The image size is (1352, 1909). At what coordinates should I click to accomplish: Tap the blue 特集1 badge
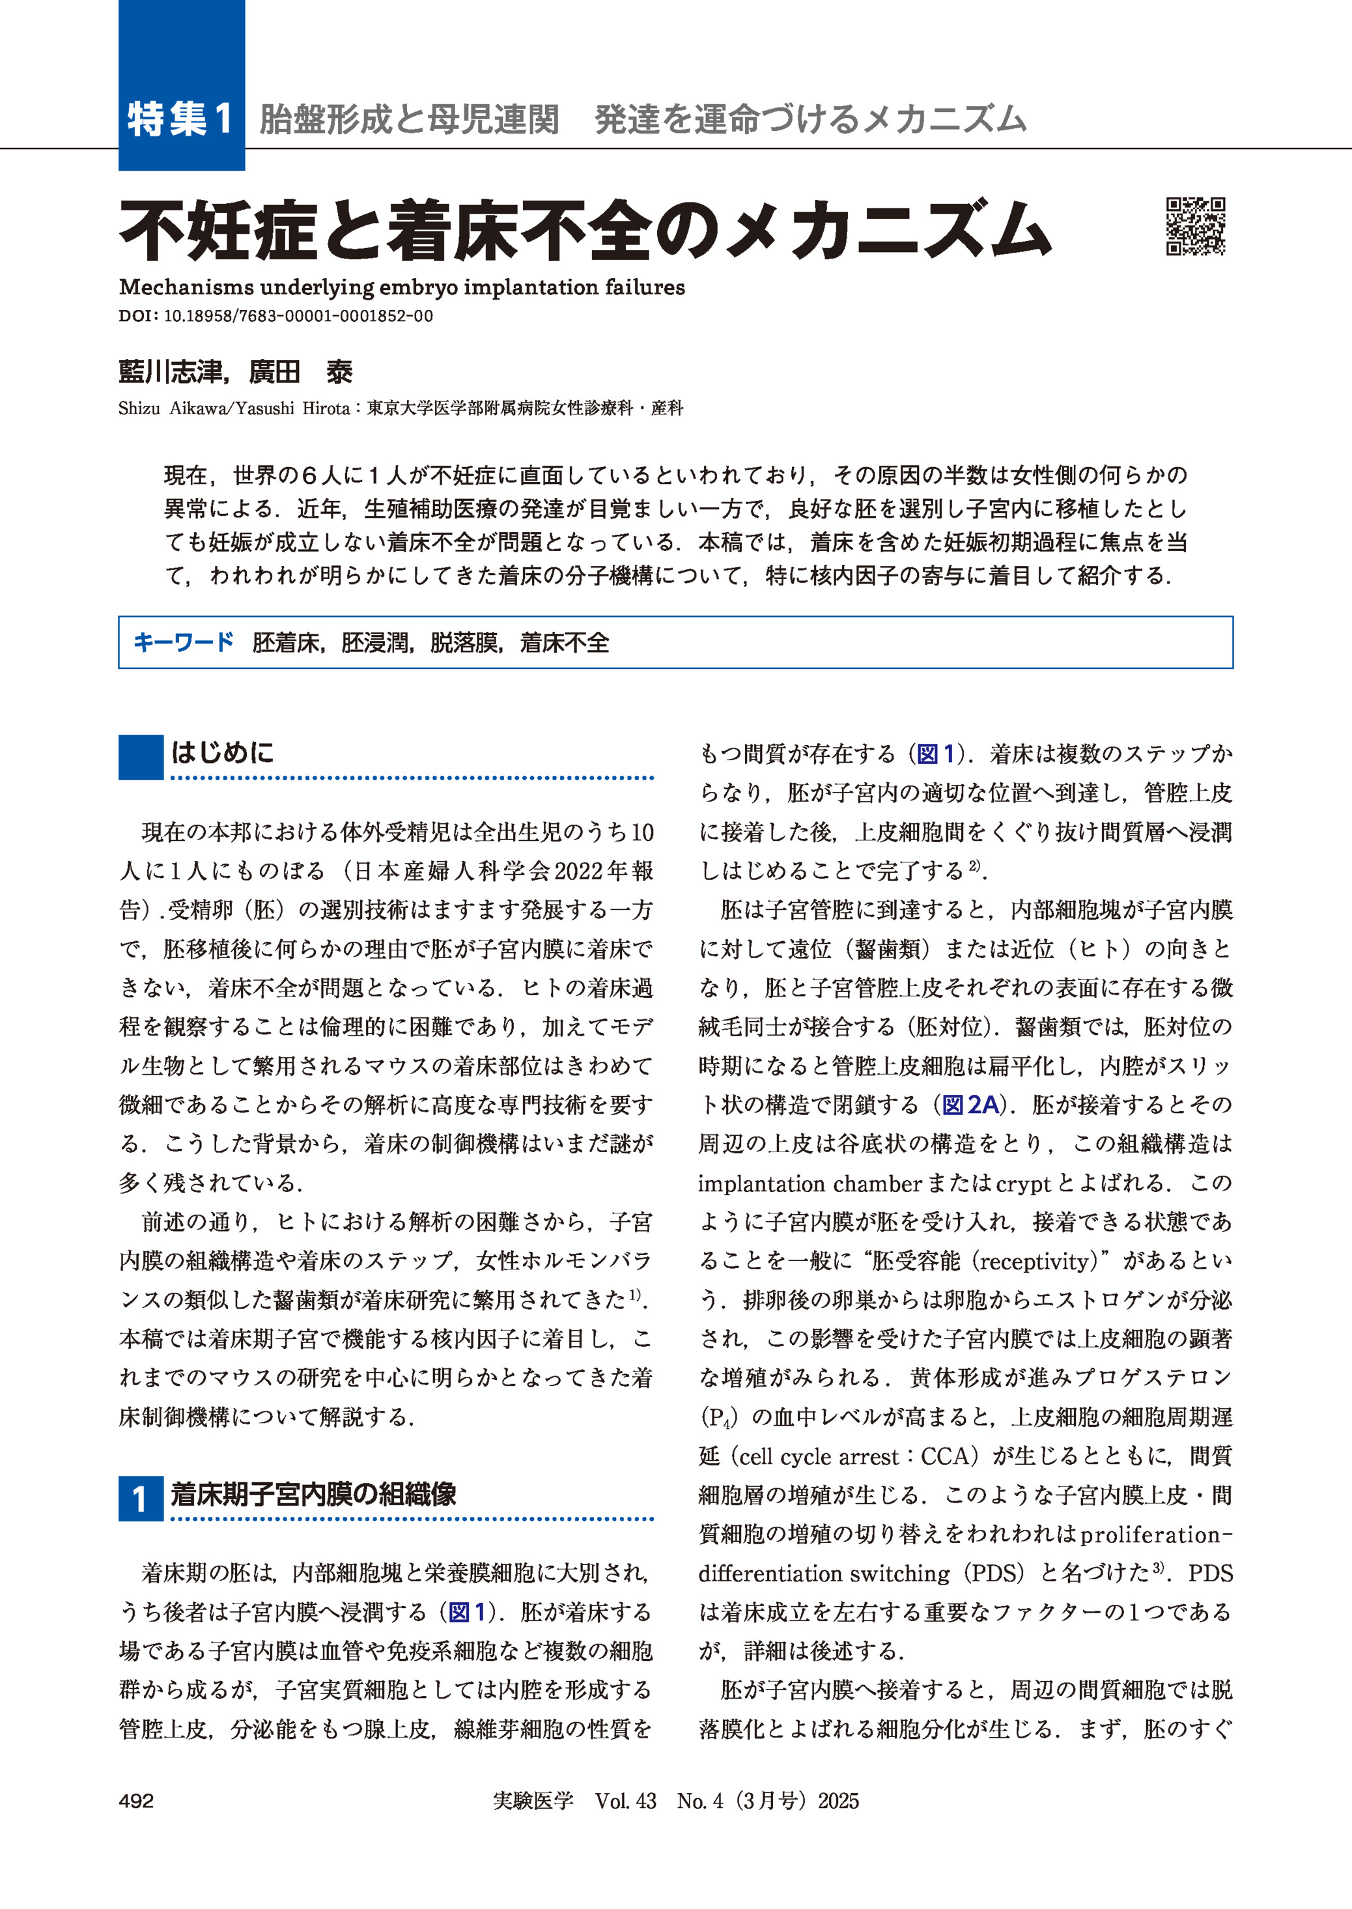pyautogui.click(x=180, y=119)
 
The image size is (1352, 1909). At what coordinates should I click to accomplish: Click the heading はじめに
pyautogui.click(x=222, y=753)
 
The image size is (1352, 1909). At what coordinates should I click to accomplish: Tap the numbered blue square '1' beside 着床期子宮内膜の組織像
pyautogui.click(x=140, y=1498)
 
